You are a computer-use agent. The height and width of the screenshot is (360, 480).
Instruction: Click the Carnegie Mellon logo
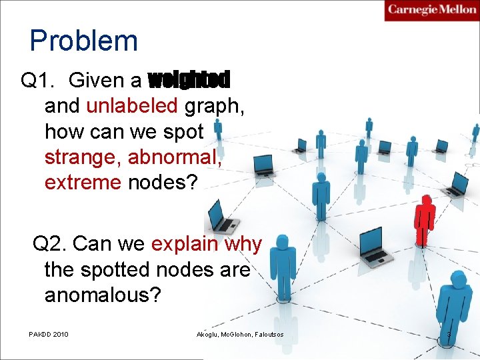tap(431, 10)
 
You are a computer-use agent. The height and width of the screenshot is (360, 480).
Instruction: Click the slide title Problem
tap(83, 41)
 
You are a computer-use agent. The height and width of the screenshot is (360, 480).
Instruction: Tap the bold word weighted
tap(189, 81)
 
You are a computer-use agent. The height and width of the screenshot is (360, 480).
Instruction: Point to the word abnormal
tap(175, 157)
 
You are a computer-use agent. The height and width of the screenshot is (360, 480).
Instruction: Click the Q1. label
tap(39, 81)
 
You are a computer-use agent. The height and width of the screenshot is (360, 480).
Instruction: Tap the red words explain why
tap(207, 244)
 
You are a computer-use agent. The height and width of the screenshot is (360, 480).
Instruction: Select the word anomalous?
tap(103, 294)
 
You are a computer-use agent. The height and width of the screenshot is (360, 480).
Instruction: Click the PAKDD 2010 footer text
tap(49, 333)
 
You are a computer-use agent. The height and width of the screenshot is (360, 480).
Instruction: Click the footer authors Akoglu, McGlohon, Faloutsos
tap(240, 333)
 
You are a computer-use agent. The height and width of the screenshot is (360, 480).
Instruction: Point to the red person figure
tap(424, 221)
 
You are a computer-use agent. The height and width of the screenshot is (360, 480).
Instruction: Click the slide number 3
tap(449, 333)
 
